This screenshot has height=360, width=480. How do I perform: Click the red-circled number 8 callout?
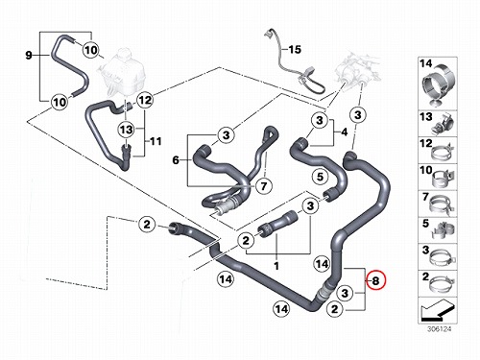point(376,280)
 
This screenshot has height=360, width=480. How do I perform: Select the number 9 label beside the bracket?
point(29,56)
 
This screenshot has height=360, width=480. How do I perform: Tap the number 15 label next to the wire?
point(295,50)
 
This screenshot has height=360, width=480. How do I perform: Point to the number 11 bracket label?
point(156,141)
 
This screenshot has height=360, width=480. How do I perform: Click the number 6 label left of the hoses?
point(176,160)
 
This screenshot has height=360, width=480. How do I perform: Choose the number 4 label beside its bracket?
point(344,132)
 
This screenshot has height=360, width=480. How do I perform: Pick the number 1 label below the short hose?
point(276,266)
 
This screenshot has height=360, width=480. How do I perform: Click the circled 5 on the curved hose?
point(321,177)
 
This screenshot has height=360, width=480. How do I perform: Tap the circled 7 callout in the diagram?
point(264,186)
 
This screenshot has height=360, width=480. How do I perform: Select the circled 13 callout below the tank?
point(126,130)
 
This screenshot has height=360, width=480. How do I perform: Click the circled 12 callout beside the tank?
point(145,100)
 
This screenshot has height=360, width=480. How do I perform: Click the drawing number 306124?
point(439,329)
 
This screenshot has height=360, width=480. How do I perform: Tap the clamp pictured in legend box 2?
point(443,284)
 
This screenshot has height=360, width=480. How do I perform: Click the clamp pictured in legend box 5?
point(444,230)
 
